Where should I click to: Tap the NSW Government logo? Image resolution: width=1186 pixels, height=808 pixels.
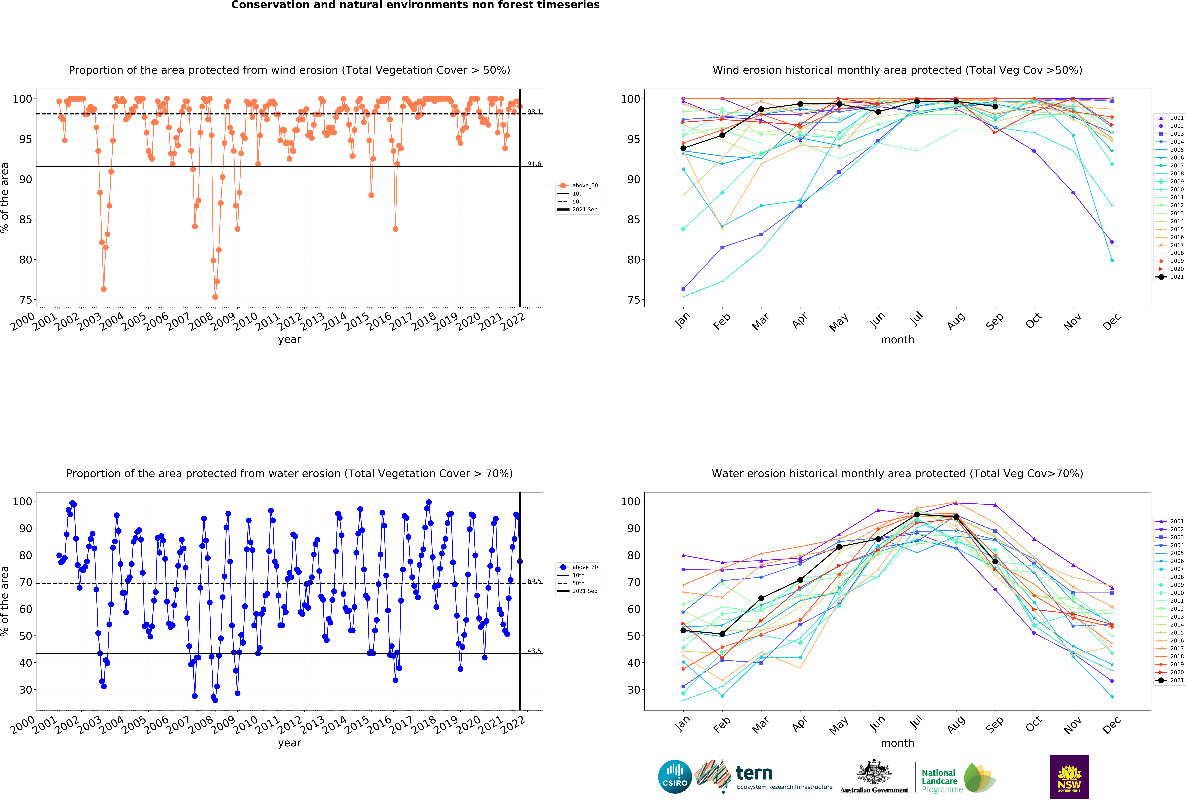[1069, 776]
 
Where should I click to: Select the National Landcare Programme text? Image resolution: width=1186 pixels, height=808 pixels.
[942, 781]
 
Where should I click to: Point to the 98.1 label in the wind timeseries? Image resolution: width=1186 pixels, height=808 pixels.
[534, 112]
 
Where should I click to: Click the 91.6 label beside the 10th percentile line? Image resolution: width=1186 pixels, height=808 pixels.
[534, 164]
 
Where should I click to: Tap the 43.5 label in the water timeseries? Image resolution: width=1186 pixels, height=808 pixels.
[534, 651]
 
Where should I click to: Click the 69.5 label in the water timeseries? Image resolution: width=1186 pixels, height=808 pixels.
[534, 581]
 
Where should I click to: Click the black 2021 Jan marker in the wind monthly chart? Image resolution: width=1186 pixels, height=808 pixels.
[683, 148]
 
